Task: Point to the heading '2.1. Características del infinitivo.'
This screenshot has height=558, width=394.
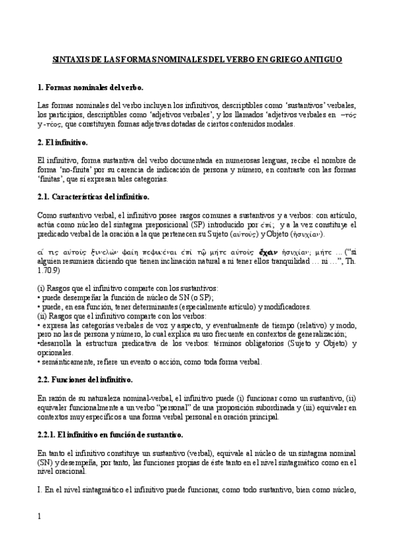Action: coord(94,196)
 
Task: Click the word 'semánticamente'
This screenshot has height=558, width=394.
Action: coord(67,362)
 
